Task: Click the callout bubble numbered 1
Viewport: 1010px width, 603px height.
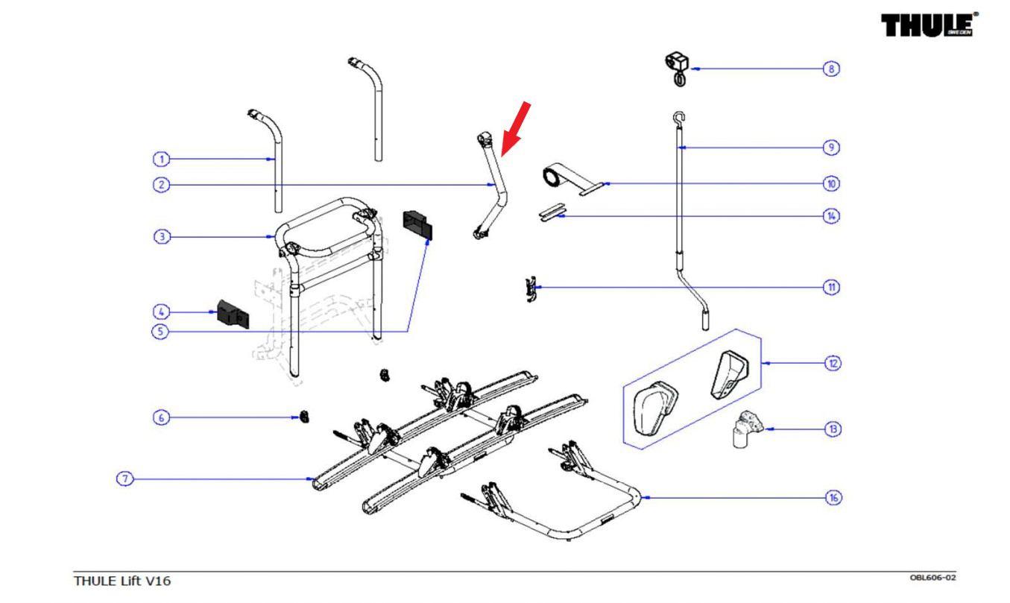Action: click(x=161, y=159)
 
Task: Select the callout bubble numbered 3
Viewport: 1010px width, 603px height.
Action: click(x=161, y=237)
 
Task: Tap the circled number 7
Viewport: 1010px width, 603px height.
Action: click(x=124, y=479)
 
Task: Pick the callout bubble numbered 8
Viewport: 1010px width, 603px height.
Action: click(x=831, y=69)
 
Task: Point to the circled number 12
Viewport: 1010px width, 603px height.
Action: click(x=832, y=363)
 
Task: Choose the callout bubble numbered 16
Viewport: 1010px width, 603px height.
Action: click(x=832, y=497)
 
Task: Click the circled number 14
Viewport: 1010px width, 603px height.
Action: click(x=831, y=215)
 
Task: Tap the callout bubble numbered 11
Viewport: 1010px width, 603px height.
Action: click(x=831, y=287)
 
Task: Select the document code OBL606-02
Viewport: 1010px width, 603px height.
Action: click(x=932, y=577)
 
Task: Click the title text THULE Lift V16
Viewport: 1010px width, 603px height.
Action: click(x=121, y=581)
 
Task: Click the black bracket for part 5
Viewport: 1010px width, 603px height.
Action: click(x=418, y=224)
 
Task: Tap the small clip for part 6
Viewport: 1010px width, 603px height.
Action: click(x=304, y=417)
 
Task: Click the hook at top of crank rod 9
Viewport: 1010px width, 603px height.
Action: click(x=678, y=116)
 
